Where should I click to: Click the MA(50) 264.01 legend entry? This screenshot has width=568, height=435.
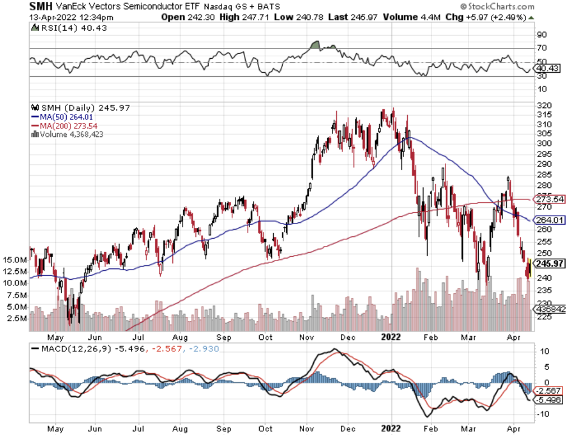click(61, 117)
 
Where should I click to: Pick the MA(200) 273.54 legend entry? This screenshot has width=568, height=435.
click(63, 126)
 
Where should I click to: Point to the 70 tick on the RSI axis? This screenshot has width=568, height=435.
click(541, 48)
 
